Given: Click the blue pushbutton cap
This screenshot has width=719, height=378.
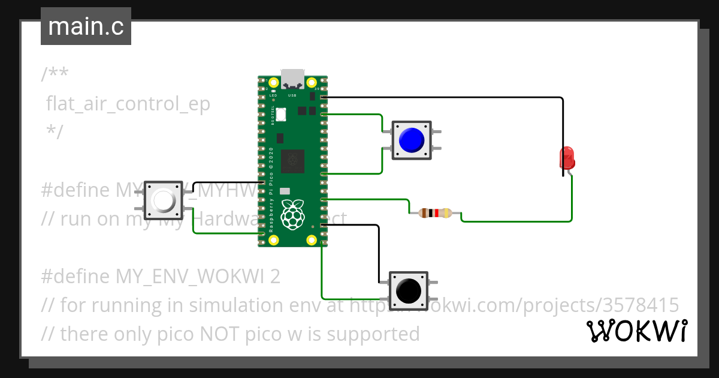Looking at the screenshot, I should [x=412, y=140].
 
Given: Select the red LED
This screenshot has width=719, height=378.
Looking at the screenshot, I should [x=566, y=158].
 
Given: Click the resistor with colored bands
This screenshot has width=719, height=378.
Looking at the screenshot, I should [x=435, y=213].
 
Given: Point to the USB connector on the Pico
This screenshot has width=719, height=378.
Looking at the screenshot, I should [x=292, y=79].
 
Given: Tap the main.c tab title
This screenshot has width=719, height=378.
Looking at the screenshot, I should [x=86, y=26].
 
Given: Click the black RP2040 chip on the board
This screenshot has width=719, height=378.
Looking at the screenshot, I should [x=292, y=160].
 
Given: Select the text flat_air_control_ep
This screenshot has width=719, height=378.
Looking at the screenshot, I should [x=129, y=104].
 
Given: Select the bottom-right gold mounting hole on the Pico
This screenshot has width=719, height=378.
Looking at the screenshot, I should [x=312, y=240].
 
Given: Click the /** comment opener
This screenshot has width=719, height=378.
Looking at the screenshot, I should [x=55, y=75].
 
